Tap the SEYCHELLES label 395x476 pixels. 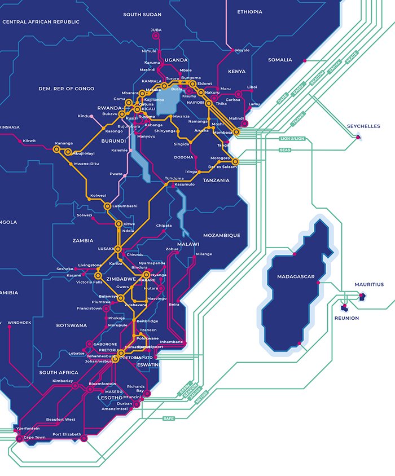pos(363,126)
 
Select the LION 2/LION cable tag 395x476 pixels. pos(292,138)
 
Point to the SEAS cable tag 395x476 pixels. pos(284,150)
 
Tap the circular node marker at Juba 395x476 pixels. pos(156,36)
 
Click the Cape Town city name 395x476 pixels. pos(34,437)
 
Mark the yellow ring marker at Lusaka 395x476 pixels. pos(118,249)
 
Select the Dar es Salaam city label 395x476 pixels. pos(222,166)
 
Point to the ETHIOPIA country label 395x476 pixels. pos(249,12)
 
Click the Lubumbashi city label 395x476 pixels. pos(125,206)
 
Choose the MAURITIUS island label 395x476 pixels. pos(368,284)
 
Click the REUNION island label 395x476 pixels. pos(346,318)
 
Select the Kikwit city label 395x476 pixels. pos(29,140)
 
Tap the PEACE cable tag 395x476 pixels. pos(352,58)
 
